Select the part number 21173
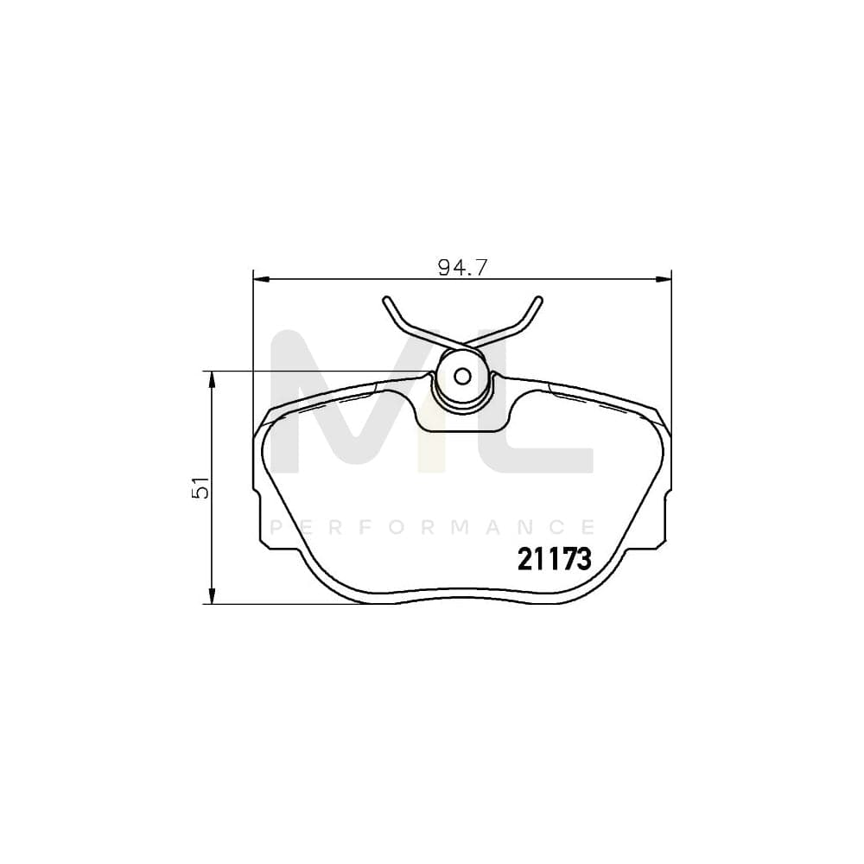pyautogui.click(x=554, y=560)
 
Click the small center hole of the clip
pyautogui.click(x=462, y=376)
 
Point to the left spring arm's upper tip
pyautogui.click(x=386, y=300)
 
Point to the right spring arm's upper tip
pyautogui.click(x=540, y=300)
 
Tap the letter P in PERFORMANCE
pyautogui.click(x=276, y=527)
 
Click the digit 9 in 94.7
pyautogui.click(x=444, y=267)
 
